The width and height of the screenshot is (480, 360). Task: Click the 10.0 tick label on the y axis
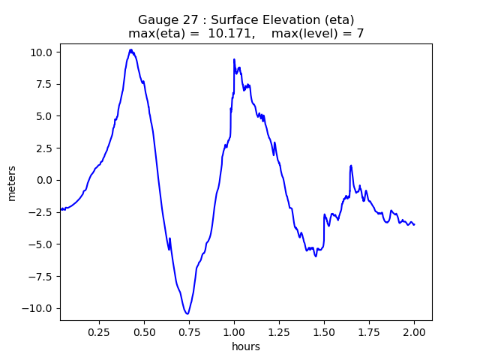pos(42,52)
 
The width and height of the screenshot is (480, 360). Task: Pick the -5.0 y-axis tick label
pos(42,244)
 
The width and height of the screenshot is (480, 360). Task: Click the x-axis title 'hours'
pos(246,346)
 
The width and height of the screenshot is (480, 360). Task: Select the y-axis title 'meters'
pos(12,182)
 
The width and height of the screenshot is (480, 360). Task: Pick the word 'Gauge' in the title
pos(156,19)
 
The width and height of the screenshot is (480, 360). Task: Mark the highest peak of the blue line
pos(130,49)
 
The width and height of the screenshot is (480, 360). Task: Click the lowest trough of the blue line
pos(187,313)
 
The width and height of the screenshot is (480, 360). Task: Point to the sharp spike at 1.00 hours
pos(234,59)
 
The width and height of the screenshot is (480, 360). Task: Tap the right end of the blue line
pos(414,224)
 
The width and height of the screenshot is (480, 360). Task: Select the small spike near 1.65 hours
pos(350,166)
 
